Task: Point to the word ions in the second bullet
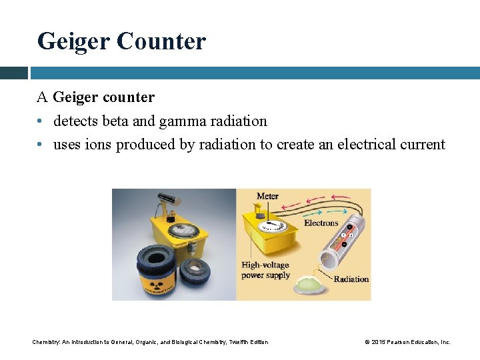click(x=99, y=145)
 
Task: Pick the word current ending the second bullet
click(x=422, y=145)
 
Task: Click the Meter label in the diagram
click(x=267, y=196)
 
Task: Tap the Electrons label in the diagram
click(x=321, y=223)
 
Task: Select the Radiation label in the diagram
click(x=351, y=279)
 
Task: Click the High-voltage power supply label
click(x=265, y=270)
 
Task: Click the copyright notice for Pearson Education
click(x=407, y=342)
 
